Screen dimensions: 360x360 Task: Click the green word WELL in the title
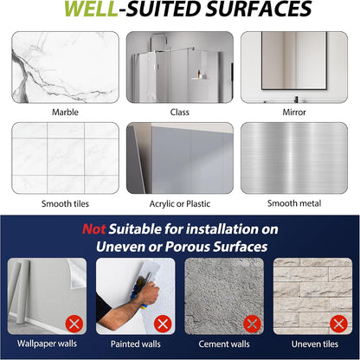pos(91,9)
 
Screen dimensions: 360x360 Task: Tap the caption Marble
pos(65,112)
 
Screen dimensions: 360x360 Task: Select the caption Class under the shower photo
pos(180,112)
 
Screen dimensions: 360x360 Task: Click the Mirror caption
pos(294,112)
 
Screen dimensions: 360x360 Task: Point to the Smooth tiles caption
pos(65,203)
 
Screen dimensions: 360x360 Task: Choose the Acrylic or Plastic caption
pos(180,204)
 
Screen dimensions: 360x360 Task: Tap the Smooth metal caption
pos(294,203)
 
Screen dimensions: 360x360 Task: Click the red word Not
pos(93,229)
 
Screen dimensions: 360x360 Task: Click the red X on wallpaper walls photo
pos(74,324)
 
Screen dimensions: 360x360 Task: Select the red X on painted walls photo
pos(163,324)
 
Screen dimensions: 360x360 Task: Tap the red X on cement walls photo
pos(252,324)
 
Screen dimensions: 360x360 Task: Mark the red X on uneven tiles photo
pos(339,324)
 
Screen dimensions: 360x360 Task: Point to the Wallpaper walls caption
pos(47,344)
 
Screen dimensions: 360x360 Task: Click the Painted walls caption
pos(136,344)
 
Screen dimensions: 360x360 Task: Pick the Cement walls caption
pos(224,344)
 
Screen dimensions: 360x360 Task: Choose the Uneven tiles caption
pos(315,344)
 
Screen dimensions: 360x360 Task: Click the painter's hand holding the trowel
pos(149,292)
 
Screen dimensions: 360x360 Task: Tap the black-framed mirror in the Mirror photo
pos(294,61)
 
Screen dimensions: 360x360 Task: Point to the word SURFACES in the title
pos(259,9)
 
